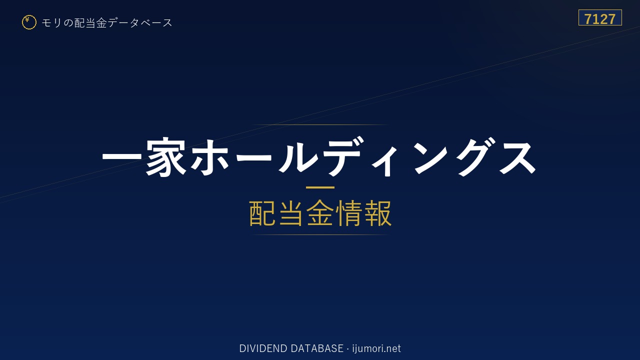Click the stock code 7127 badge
(x=600, y=17)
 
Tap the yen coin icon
(x=29, y=22)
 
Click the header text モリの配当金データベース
(x=107, y=22)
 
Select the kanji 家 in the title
(x=166, y=156)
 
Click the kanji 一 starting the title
(x=122, y=157)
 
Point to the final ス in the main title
(x=517, y=157)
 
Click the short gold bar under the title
(x=320, y=187)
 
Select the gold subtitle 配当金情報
(x=320, y=213)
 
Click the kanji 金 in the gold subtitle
(x=320, y=213)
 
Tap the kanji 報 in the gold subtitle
(x=377, y=213)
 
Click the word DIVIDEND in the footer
(x=263, y=348)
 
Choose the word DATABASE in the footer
(x=317, y=348)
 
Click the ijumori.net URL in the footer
(x=376, y=348)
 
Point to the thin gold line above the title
(x=320, y=125)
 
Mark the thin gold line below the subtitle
(x=320, y=235)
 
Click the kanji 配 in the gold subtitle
(x=262, y=213)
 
